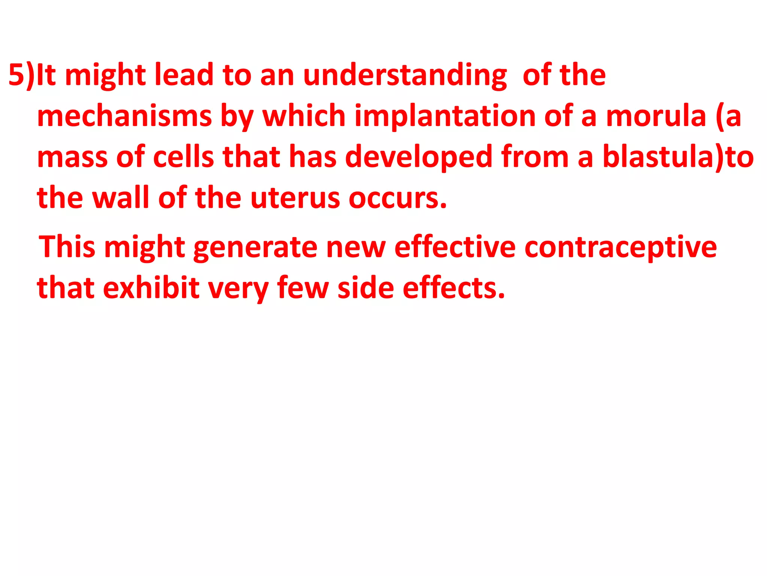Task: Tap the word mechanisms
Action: [124, 116]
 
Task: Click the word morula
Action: [656, 116]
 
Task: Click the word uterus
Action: [295, 198]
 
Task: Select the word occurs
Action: [398, 198]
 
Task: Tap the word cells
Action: [184, 157]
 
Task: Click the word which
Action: [304, 116]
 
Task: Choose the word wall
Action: [121, 198]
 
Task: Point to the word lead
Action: [184, 75]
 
